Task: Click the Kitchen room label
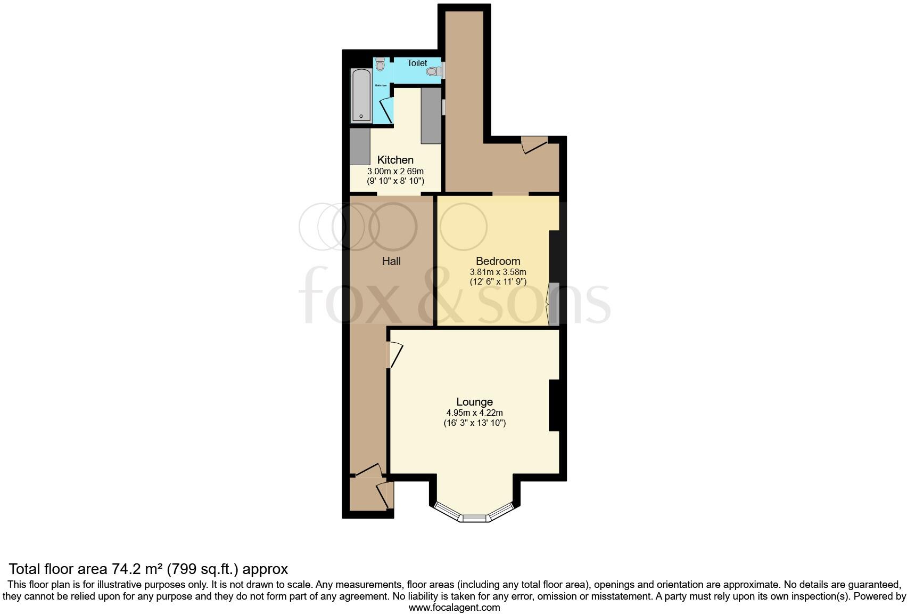[x=395, y=160]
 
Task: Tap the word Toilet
[x=417, y=63]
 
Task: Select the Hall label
[x=391, y=261]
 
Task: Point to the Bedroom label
[x=498, y=261]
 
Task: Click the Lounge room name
[x=474, y=402]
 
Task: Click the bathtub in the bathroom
[x=361, y=96]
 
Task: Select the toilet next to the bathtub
[x=380, y=64]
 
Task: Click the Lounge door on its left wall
[x=395, y=354]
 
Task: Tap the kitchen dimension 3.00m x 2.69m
[x=395, y=172]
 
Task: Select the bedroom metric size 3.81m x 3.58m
[x=498, y=272]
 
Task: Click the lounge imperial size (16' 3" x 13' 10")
[x=474, y=423]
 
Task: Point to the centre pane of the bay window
[x=474, y=518]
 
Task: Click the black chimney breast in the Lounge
[x=554, y=405]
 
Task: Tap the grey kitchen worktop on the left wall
[x=360, y=147]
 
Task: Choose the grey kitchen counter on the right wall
[x=431, y=116]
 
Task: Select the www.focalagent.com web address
[x=454, y=607]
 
